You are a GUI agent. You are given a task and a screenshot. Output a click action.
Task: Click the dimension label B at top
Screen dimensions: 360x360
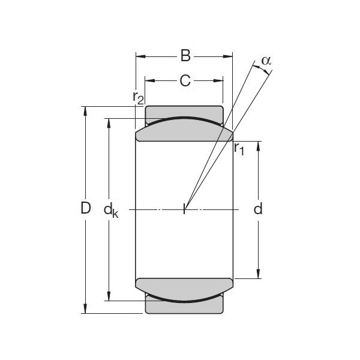185,56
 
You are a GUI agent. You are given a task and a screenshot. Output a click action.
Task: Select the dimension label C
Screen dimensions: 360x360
185,80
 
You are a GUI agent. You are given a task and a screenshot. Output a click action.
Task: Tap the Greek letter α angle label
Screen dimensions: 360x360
266,61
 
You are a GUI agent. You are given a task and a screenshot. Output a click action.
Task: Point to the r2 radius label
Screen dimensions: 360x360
139,97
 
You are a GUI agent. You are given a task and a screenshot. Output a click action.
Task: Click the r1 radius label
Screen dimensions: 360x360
239,148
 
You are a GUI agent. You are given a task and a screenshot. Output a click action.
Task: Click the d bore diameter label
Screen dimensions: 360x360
258,209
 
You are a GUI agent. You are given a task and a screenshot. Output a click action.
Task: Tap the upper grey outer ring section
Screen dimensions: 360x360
184,112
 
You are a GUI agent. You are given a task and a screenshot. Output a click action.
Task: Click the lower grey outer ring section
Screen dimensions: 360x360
184,307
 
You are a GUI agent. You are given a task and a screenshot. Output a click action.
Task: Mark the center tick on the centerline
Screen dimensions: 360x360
185,209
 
